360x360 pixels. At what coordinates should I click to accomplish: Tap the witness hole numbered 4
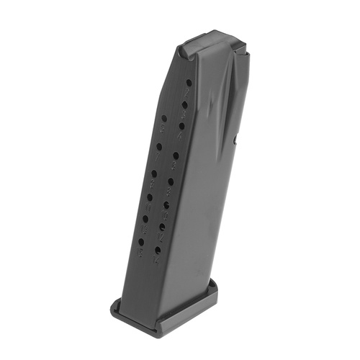point(185,105)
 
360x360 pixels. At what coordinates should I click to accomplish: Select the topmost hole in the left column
point(164,118)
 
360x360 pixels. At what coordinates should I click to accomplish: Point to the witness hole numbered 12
point(166,205)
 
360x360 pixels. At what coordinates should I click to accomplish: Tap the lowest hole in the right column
point(158,250)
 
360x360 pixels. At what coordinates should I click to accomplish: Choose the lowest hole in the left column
point(140,242)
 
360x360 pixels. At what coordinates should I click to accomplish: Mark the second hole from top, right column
point(185,105)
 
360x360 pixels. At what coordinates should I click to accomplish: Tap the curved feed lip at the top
point(209,40)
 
